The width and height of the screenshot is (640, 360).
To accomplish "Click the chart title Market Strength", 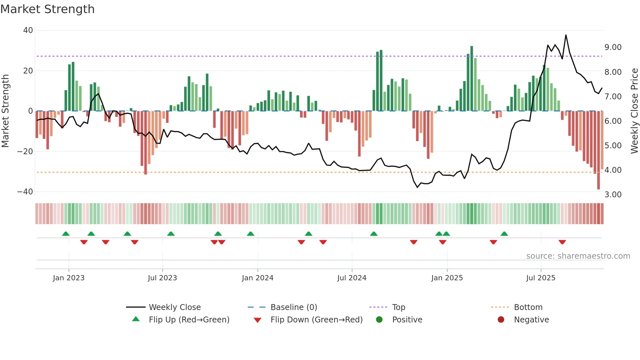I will click(x=47, y=9).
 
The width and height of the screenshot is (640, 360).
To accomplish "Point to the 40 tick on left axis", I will click(x=28, y=30).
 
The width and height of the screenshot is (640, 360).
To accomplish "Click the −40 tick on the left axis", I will click(x=25, y=192).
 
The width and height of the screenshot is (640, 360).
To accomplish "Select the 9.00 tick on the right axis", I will click(x=613, y=47).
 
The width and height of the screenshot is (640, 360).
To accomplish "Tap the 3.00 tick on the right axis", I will click(x=613, y=195).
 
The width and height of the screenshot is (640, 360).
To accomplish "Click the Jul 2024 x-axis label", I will click(x=352, y=278).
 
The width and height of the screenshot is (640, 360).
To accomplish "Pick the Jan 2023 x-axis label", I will click(x=69, y=278).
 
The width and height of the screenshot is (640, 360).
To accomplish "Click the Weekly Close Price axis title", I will click(x=634, y=111).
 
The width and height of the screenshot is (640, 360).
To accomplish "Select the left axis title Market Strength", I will click(x=6, y=111).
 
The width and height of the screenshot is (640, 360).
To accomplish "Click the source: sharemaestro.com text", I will click(x=578, y=256).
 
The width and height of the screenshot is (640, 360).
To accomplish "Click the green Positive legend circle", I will click(x=379, y=320).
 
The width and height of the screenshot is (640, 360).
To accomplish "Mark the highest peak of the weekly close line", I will click(x=566, y=35).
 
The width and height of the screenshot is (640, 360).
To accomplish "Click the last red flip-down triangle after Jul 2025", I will click(x=562, y=242).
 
